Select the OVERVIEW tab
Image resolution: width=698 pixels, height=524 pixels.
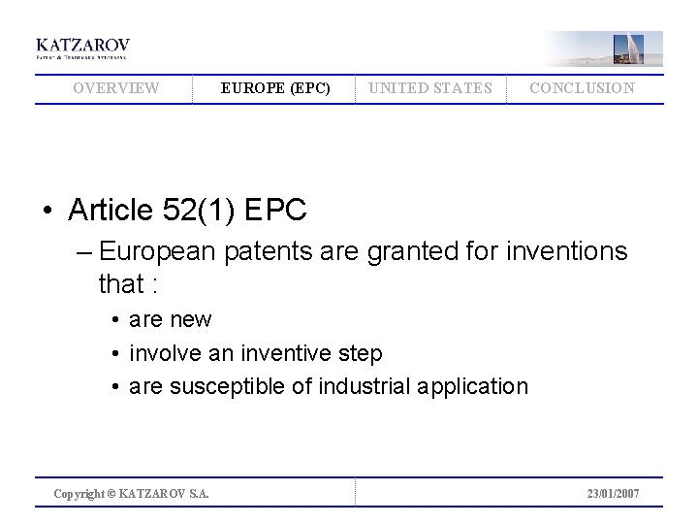[x=116, y=88]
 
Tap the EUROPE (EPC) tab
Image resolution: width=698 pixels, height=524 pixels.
[x=275, y=88]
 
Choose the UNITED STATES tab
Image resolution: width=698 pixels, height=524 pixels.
[x=429, y=88]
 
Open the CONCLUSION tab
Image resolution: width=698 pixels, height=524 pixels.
[x=582, y=88]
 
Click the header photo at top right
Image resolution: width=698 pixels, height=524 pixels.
[x=603, y=48]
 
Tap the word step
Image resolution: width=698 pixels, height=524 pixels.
[x=359, y=353]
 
